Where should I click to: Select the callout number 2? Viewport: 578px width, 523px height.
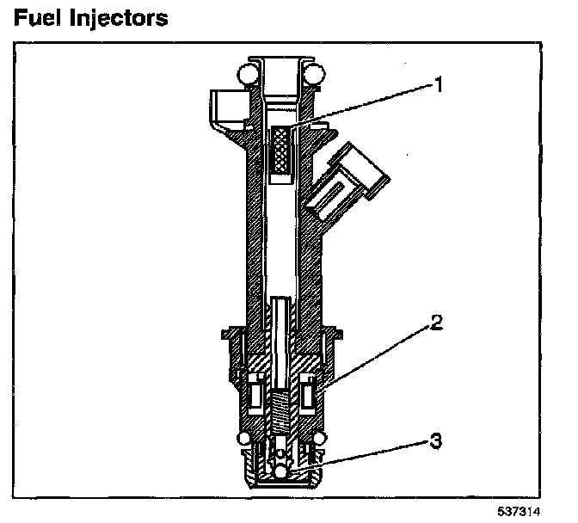coord(436,323)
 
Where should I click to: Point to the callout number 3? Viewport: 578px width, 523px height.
coord(435,442)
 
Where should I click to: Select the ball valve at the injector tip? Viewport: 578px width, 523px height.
coord(281,471)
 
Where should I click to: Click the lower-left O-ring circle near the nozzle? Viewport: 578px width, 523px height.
coord(245,440)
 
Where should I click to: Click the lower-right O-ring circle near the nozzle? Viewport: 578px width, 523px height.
coord(319,440)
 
